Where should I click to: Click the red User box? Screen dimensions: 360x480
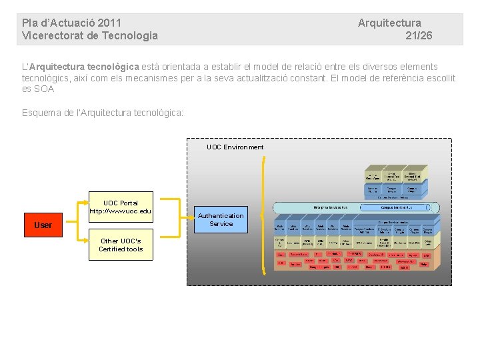(43, 225)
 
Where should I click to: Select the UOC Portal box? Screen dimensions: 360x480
(121, 207)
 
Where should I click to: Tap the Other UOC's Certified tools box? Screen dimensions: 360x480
(121, 245)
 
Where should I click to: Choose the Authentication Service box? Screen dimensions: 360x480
(221, 220)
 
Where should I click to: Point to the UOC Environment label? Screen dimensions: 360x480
(235, 147)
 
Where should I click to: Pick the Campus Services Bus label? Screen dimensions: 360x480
(399, 207)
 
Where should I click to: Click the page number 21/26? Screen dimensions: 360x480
(419, 36)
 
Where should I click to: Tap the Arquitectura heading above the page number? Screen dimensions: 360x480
(389, 23)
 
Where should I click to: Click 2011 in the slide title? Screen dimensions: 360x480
(109, 23)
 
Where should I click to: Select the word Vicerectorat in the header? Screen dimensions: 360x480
(53, 36)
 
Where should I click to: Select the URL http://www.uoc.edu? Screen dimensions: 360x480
(121, 211)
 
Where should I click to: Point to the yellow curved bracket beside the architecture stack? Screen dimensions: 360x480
(264, 220)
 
